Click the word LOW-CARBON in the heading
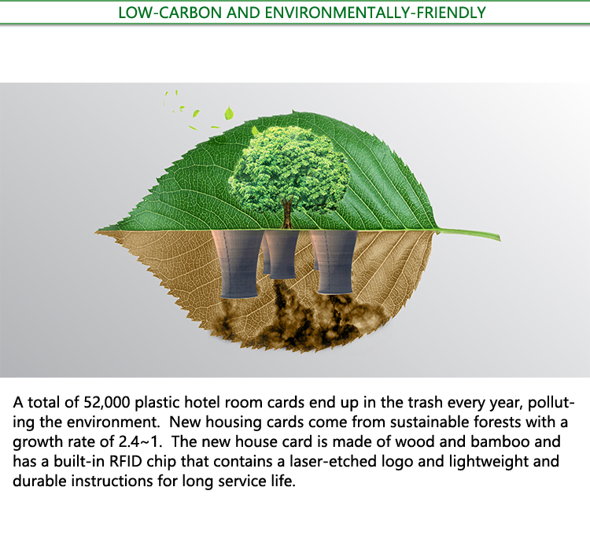click(x=170, y=13)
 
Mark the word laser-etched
click(x=333, y=461)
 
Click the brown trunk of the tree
click(x=287, y=212)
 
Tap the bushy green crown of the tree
click(x=289, y=172)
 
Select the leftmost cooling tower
click(x=238, y=264)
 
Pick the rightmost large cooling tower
click(x=334, y=261)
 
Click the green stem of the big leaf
click(x=469, y=233)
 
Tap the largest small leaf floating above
click(x=229, y=113)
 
